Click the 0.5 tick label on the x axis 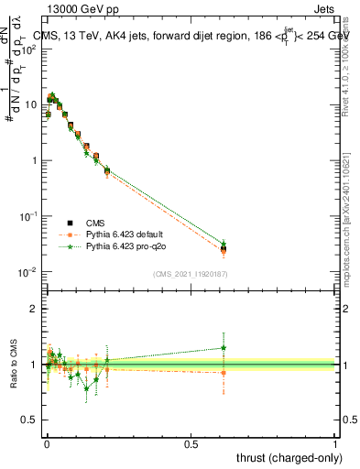pos(191,444)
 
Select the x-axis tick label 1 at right pos(336,444)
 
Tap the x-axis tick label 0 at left pos(46,444)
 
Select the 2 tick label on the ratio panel pos(34,309)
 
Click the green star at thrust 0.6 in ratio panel pos(224,347)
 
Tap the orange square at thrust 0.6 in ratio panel pos(224,373)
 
